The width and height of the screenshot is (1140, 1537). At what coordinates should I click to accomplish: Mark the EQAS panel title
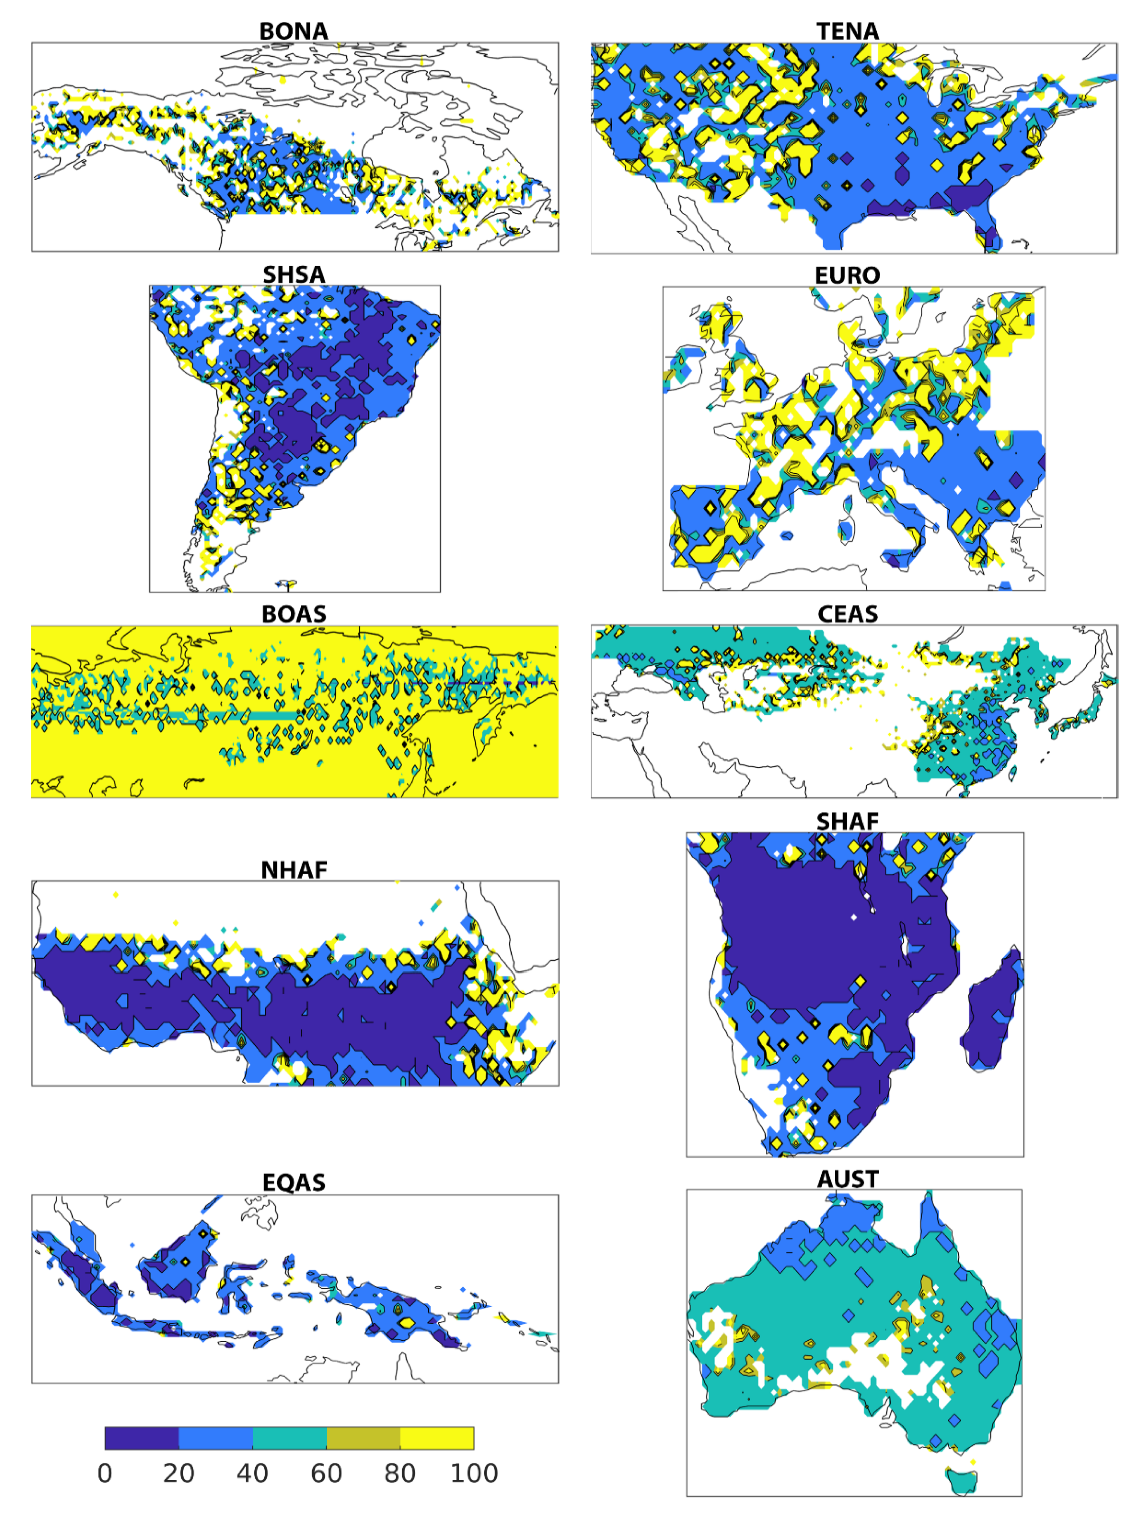pyautogui.click(x=294, y=1182)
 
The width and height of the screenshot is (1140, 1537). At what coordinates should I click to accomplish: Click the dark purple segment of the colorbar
pyautogui.click(x=141, y=1438)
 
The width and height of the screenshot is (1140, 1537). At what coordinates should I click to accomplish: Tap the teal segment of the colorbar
pyautogui.click(x=289, y=1438)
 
